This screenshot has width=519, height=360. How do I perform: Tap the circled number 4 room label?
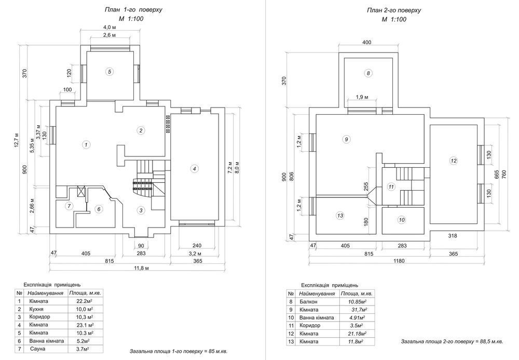(x=195, y=169)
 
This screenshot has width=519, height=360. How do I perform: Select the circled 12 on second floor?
(x=454, y=161)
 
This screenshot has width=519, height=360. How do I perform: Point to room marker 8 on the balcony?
(x=368, y=73)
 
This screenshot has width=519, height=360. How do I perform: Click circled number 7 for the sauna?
(x=69, y=206)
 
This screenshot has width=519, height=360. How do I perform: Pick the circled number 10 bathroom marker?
(x=402, y=220)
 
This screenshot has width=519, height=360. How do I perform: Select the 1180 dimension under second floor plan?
(x=399, y=261)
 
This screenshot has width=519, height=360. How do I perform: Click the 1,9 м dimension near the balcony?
(x=362, y=97)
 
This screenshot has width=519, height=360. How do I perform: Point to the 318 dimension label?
(x=453, y=236)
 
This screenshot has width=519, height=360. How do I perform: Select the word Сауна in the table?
(x=37, y=349)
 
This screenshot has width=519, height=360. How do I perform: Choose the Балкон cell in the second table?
(x=308, y=302)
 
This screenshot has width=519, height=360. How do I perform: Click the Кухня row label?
(x=36, y=309)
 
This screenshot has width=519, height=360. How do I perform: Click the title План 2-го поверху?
(x=394, y=10)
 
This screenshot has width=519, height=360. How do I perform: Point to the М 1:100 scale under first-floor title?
(x=131, y=19)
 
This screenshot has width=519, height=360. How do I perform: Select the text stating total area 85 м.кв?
(x=179, y=351)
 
